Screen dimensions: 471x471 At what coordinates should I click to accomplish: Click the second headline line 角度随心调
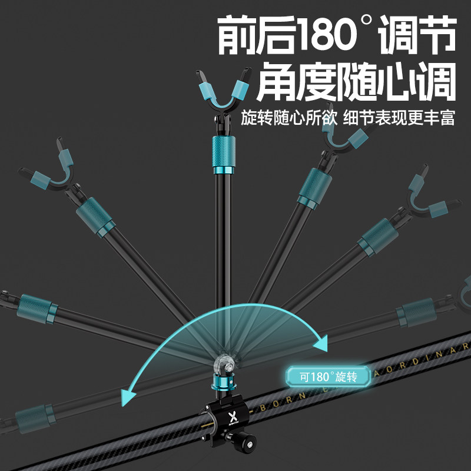click(x=347, y=82)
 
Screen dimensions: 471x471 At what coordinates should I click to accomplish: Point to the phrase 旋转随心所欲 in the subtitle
click(x=288, y=118)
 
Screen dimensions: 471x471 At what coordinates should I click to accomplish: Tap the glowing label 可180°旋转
click(x=329, y=376)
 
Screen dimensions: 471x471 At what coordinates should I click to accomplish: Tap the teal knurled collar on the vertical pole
click(x=221, y=153)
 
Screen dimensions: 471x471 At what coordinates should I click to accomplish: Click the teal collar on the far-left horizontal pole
click(x=34, y=306)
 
